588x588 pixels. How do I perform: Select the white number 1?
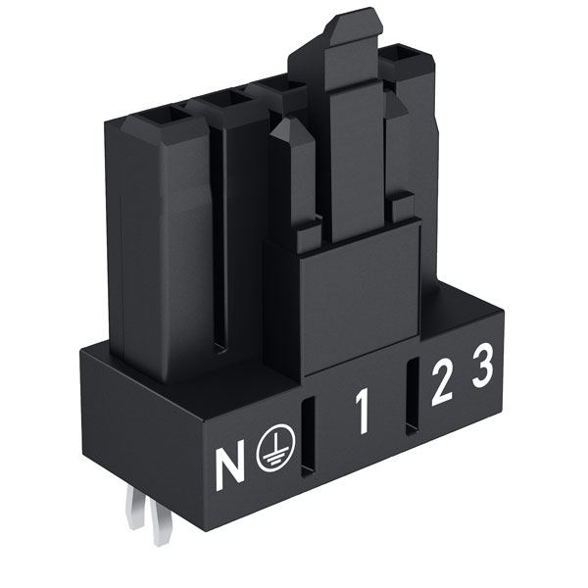pyautogui.click(x=363, y=412)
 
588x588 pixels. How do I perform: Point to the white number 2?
pyautogui.click(x=442, y=385)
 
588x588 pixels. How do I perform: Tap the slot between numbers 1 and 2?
pyautogui.click(x=413, y=396)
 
